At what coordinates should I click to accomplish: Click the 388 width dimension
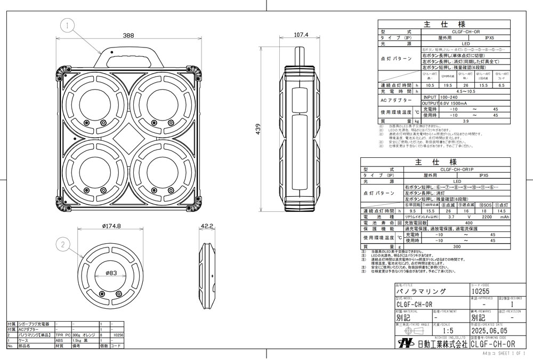tap(128, 36)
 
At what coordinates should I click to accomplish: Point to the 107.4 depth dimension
tap(302, 35)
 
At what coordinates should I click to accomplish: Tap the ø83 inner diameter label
tap(110, 273)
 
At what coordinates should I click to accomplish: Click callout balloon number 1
tap(68, 24)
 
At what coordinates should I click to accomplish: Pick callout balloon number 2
tap(63, 245)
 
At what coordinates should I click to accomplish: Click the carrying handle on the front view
tap(128, 55)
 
